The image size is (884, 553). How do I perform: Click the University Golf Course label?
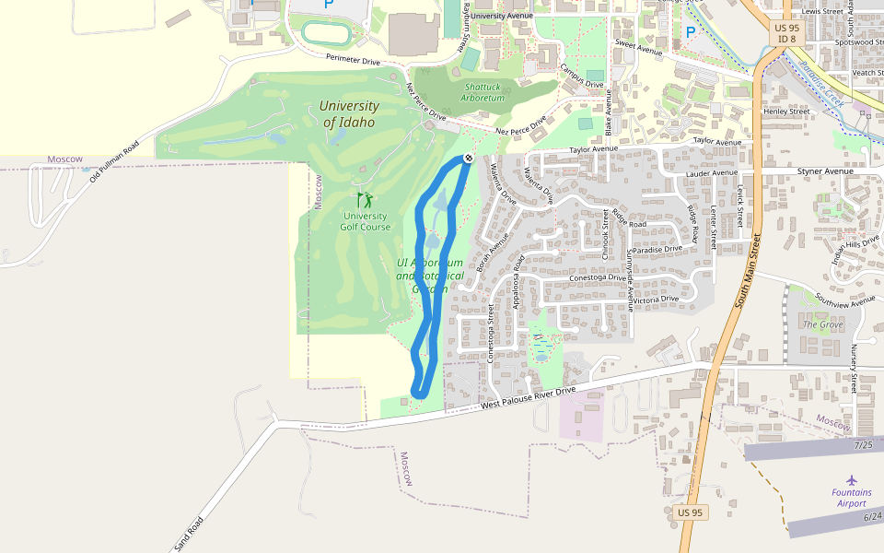click(x=366, y=221)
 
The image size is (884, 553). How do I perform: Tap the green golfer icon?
click(x=366, y=199)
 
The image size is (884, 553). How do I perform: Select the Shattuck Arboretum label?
click(x=483, y=92)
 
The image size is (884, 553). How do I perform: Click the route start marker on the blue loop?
click(x=469, y=159)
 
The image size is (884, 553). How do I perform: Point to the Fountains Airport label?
click(x=852, y=498)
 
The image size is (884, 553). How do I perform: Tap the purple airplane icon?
click(x=852, y=479)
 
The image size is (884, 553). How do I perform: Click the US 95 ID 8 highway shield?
click(x=786, y=33)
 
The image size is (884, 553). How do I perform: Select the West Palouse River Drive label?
click(x=528, y=397)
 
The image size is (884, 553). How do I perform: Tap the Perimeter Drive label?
click(x=353, y=59)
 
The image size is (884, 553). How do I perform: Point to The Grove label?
click(x=822, y=324)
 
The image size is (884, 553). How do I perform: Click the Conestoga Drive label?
click(x=598, y=277)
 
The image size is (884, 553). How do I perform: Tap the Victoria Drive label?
click(x=656, y=298)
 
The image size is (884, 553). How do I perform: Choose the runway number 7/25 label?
click(x=863, y=445)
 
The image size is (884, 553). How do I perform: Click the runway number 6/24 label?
click(x=872, y=516)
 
